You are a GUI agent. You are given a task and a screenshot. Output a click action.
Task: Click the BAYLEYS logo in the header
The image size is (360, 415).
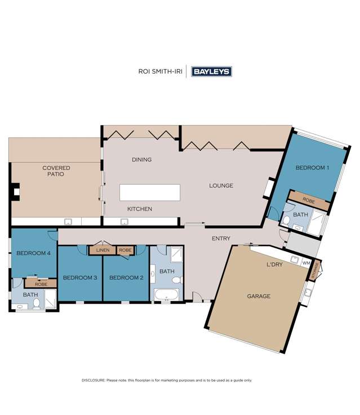211,72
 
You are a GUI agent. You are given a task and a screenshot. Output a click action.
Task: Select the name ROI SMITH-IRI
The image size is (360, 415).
160,72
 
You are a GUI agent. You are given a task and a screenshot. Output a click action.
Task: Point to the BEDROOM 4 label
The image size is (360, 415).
33,253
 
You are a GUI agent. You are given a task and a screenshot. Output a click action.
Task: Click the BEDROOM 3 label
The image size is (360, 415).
80,277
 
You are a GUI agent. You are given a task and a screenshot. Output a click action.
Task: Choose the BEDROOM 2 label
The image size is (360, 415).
126,277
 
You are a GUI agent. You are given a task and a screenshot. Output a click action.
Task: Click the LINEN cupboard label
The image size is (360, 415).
103,250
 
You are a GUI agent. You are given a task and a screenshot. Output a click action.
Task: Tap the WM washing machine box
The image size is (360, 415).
306,263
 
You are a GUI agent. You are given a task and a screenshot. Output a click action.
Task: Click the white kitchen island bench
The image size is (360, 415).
150,193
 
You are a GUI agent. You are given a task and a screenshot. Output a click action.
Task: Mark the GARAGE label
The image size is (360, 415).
259,296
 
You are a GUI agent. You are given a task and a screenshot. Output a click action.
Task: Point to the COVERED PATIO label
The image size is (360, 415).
56,171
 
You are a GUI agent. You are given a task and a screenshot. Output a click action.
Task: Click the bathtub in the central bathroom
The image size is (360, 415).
166,294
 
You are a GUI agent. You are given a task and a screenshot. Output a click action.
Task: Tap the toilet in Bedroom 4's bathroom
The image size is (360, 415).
37,304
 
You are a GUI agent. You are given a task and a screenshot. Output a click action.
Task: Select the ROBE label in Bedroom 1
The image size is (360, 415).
308,200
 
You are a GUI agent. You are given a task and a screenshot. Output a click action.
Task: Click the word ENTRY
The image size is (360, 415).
221,239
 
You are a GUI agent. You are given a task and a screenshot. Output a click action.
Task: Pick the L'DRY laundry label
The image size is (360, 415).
274,264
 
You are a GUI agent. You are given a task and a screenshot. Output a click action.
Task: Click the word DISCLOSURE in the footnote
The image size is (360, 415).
94,380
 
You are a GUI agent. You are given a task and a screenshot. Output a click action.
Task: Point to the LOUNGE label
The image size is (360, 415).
221,186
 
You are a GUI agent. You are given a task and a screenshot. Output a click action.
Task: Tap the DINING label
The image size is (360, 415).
141,160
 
